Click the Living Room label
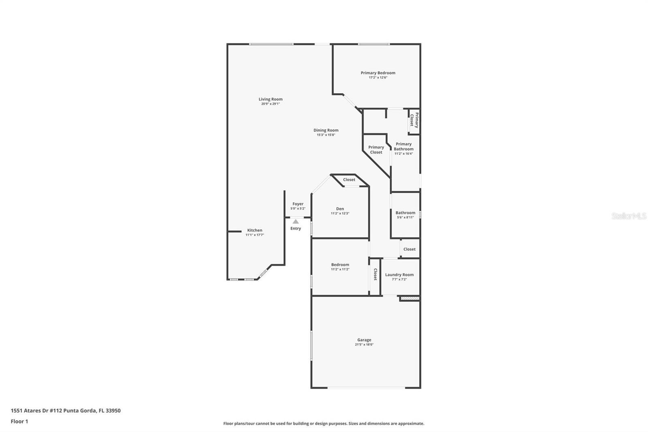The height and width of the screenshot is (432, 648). pyautogui.click(x=271, y=99)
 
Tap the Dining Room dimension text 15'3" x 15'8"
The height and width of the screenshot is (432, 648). pyautogui.click(x=326, y=135)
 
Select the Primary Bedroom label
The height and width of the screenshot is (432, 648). pyautogui.click(x=378, y=73)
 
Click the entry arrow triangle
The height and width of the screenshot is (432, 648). pyautogui.click(x=296, y=221)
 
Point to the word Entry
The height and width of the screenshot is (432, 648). pyautogui.click(x=296, y=229)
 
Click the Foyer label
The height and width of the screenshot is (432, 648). pyautogui.click(x=298, y=204)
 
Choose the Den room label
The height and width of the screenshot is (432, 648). pyautogui.click(x=340, y=209)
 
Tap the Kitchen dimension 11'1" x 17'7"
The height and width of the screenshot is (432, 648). pyautogui.click(x=254, y=235)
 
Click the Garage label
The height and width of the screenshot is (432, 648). pyautogui.click(x=364, y=340)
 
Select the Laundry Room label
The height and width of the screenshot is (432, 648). pyautogui.click(x=399, y=275)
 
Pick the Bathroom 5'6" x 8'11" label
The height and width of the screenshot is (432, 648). pyautogui.click(x=405, y=213)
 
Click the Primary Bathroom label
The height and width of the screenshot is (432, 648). pyautogui.click(x=403, y=146)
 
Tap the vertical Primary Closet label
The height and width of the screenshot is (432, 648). pyautogui.click(x=414, y=120)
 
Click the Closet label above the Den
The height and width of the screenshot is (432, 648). pyautogui.click(x=349, y=180)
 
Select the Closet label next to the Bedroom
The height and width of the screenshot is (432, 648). pyautogui.click(x=375, y=274)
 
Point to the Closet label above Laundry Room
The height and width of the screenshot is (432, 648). pyautogui.click(x=409, y=249)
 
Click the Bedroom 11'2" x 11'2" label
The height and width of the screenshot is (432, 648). pyautogui.click(x=340, y=265)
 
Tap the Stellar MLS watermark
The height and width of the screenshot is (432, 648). pyautogui.click(x=629, y=216)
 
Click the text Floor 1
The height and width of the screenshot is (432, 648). pyautogui.click(x=19, y=421)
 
